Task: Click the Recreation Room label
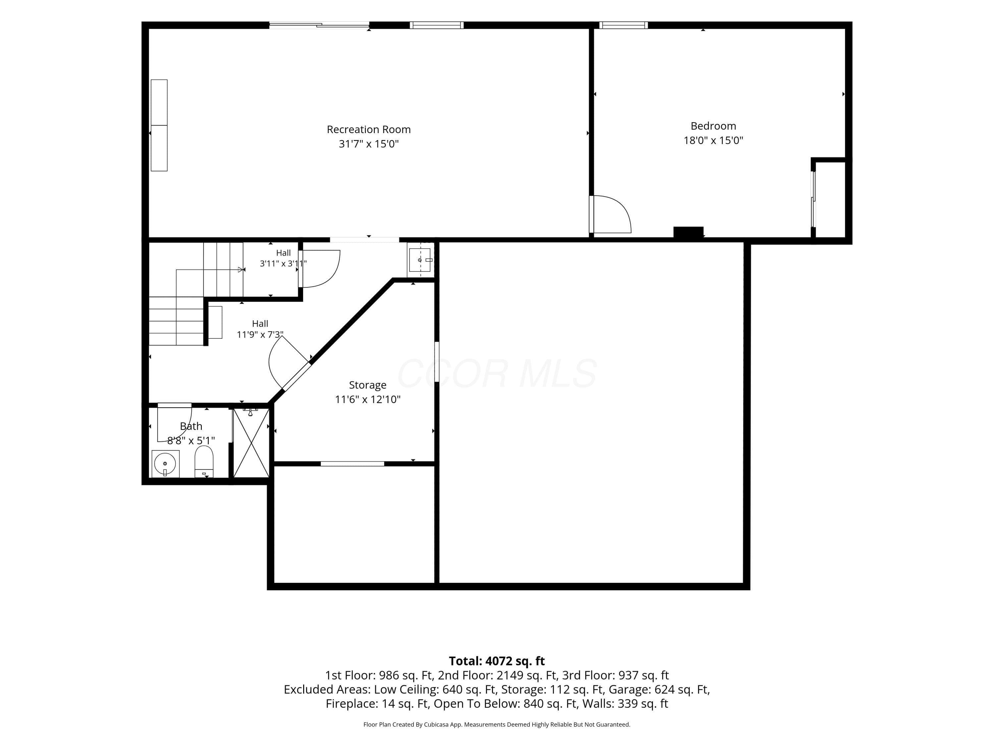pyautogui.click(x=368, y=129)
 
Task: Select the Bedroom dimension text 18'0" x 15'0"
pyautogui.click(x=713, y=140)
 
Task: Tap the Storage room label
pyautogui.click(x=367, y=385)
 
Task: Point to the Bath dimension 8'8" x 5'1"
pyautogui.click(x=191, y=440)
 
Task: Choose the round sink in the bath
pyautogui.click(x=165, y=464)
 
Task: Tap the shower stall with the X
pyautogui.click(x=251, y=443)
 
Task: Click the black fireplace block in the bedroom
pyautogui.click(x=688, y=232)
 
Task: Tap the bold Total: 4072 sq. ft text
pyautogui.click(x=497, y=661)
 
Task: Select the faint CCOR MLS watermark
pyautogui.click(x=497, y=373)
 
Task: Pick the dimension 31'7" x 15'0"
pyautogui.click(x=368, y=144)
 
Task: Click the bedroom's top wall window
pyautogui.click(x=623, y=25)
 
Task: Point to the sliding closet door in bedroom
pyautogui.click(x=813, y=199)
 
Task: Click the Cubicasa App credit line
pyautogui.click(x=497, y=724)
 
